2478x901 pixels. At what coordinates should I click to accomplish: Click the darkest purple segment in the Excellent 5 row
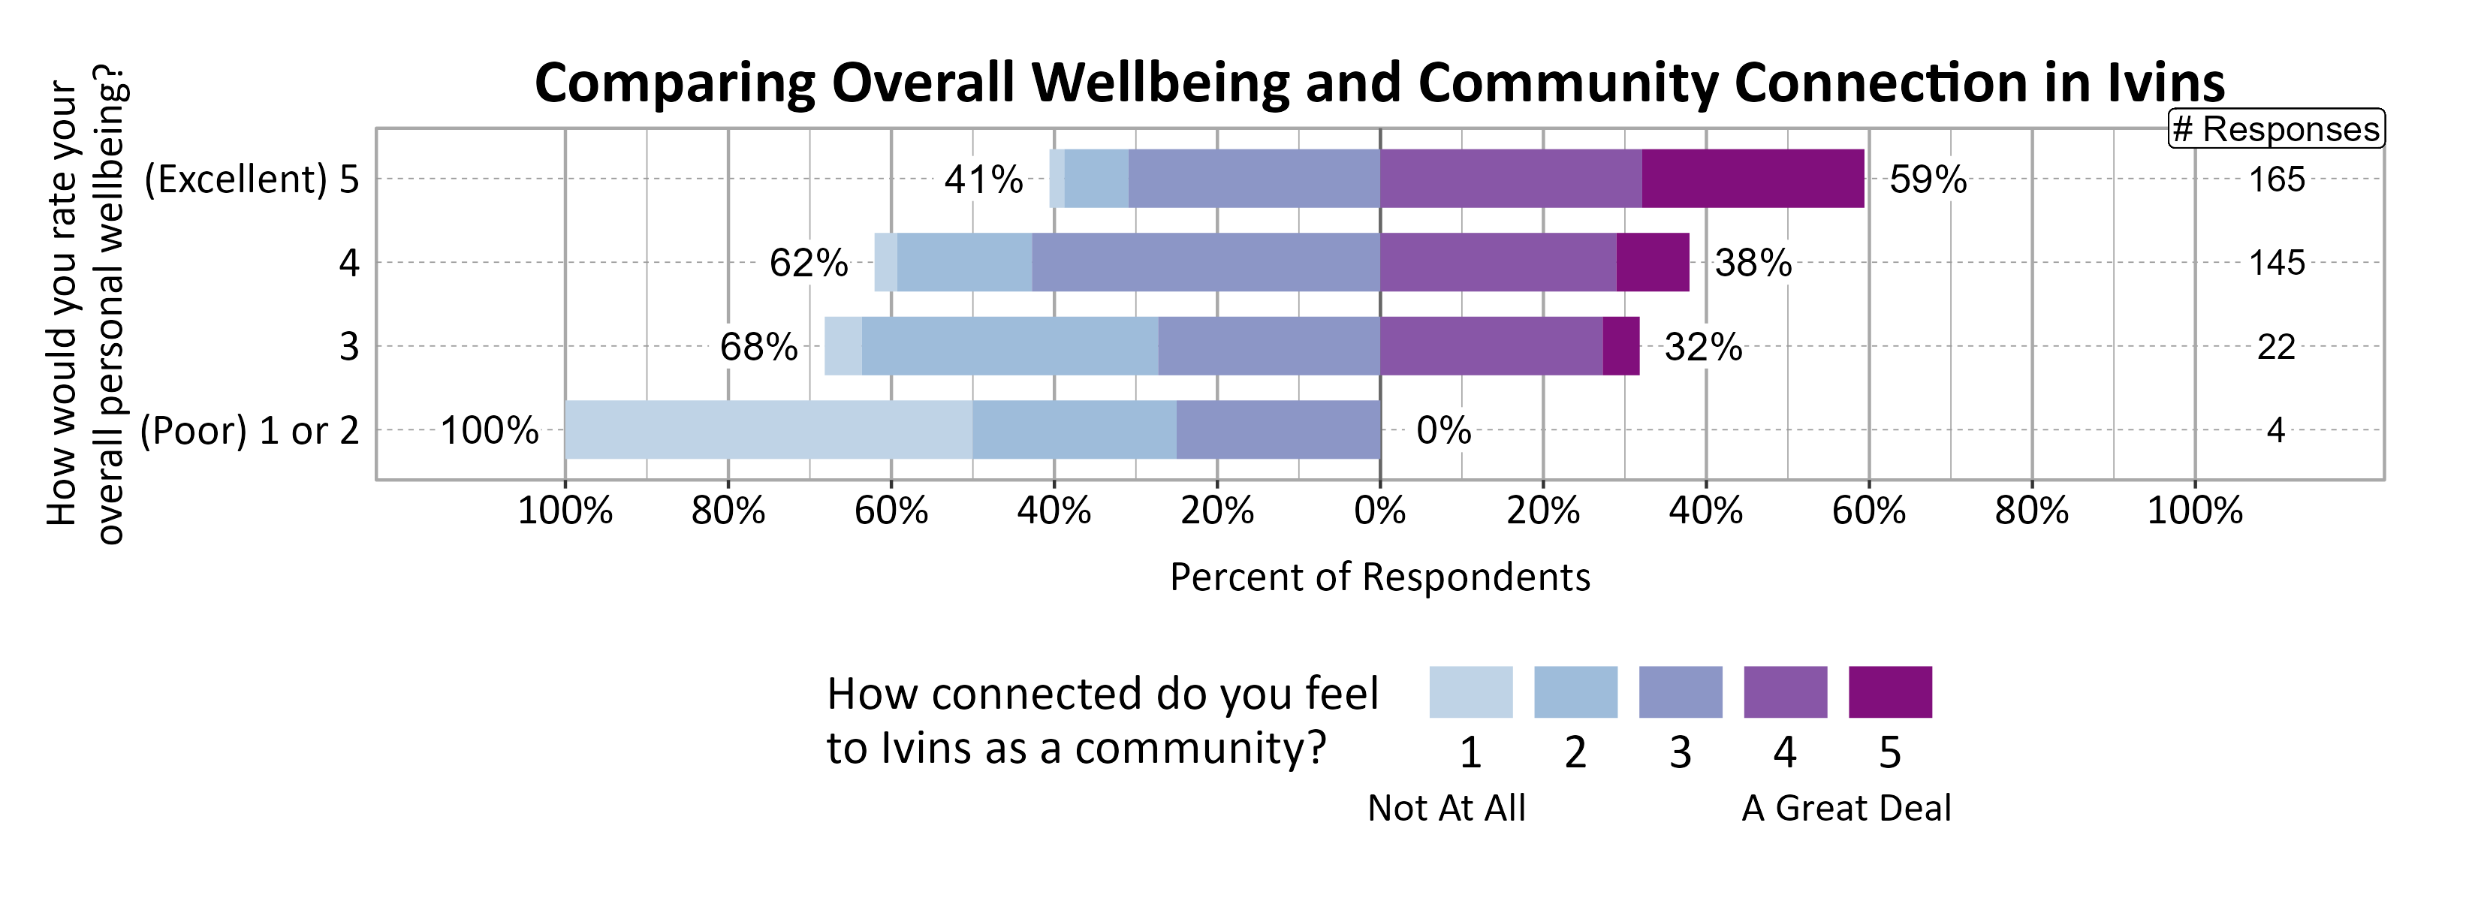[x=1753, y=179]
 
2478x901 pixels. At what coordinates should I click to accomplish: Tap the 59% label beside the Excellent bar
[x=1928, y=179]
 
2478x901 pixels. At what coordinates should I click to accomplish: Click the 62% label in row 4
[x=808, y=263]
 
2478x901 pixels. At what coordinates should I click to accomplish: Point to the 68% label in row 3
[x=759, y=347]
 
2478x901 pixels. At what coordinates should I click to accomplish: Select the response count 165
[x=2276, y=179]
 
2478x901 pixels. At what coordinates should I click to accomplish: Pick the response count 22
[x=2276, y=347]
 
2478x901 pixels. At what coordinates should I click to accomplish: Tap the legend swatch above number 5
[x=1889, y=692]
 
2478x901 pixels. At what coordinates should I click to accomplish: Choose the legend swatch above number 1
[x=1470, y=692]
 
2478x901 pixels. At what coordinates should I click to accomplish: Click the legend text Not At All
[x=1445, y=808]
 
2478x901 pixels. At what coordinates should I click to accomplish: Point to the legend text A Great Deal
[x=1846, y=808]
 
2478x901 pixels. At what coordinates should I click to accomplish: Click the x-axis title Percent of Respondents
[x=1379, y=577]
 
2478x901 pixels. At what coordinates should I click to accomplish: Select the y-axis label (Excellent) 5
[x=251, y=179]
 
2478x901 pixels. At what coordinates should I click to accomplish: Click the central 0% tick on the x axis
[x=1379, y=510]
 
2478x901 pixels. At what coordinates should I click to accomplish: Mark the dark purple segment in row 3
[x=1621, y=346]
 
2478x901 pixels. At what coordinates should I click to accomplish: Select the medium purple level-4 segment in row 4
[x=1498, y=263]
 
